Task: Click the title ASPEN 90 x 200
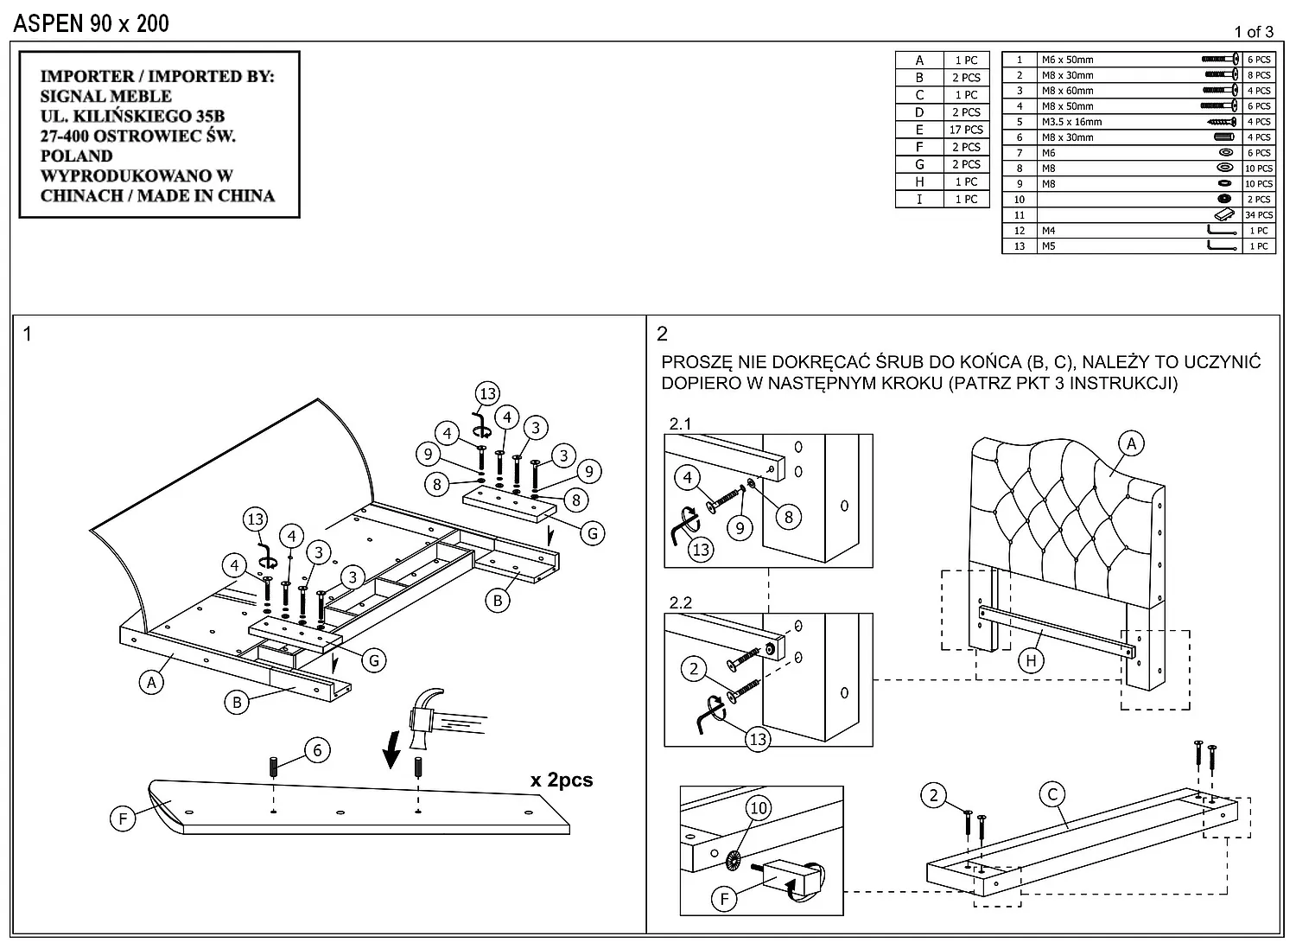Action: coord(92,23)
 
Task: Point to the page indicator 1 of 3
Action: coord(1253,32)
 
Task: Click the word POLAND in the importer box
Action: coord(76,156)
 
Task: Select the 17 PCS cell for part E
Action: coord(966,130)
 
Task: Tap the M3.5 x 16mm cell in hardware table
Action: coord(1071,122)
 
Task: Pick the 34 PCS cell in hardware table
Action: coord(1259,215)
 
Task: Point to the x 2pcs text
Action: coord(562,780)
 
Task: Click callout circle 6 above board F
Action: coord(317,750)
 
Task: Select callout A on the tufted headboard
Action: coord(1131,444)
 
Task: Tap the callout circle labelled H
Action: coord(1031,661)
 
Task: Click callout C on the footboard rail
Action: coord(1052,795)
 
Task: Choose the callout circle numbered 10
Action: coord(758,808)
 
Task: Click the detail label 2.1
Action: coord(680,424)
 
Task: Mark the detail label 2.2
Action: coord(680,602)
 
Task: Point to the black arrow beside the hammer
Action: coord(392,748)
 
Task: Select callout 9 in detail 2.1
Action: coord(740,528)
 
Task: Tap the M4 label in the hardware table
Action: coord(1048,231)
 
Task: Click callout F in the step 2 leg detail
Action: coord(724,899)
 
